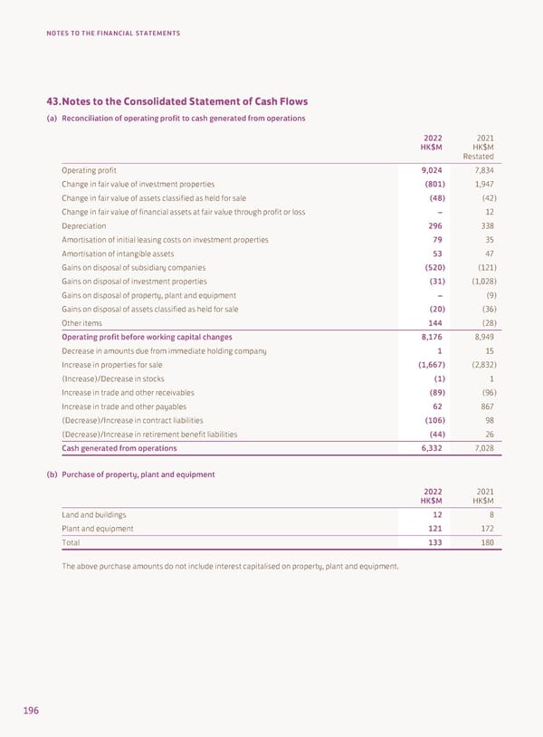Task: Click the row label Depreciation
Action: click(83, 225)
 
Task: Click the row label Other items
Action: click(81, 323)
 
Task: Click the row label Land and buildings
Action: click(94, 514)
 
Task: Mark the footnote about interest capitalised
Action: click(230, 567)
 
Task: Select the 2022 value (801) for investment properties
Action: click(432, 184)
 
